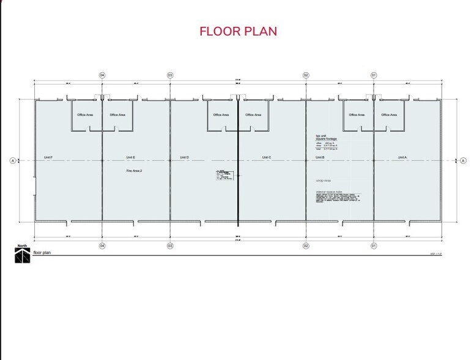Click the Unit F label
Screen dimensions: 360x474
click(x=48, y=157)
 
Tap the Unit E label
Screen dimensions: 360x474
click(x=130, y=157)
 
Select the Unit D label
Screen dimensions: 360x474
click(x=184, y=157)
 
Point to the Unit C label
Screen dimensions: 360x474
click(x=267, y=157)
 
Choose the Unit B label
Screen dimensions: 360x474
click(x=320, y=157)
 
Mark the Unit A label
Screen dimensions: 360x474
click(x=402, y=157)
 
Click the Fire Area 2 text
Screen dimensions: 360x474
click(x=134, y=171)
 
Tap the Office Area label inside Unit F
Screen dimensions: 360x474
click(x=84, y=114)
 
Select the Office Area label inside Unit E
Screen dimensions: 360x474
click(x=117, y=114)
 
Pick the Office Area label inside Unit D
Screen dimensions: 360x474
click(x=221, y=114)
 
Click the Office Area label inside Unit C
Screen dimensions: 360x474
click(x=253, y=114)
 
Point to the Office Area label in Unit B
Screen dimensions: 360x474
click(x=357, y=114)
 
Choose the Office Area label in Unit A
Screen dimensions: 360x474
click(x=389, y=114)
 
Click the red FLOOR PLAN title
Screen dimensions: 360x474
click(x=239, y=31)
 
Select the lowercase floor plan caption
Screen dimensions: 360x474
click(x=42, y=252)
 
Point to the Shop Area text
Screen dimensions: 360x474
click(x=323, y=181)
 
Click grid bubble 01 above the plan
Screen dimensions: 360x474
click(x=374, y=75)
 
